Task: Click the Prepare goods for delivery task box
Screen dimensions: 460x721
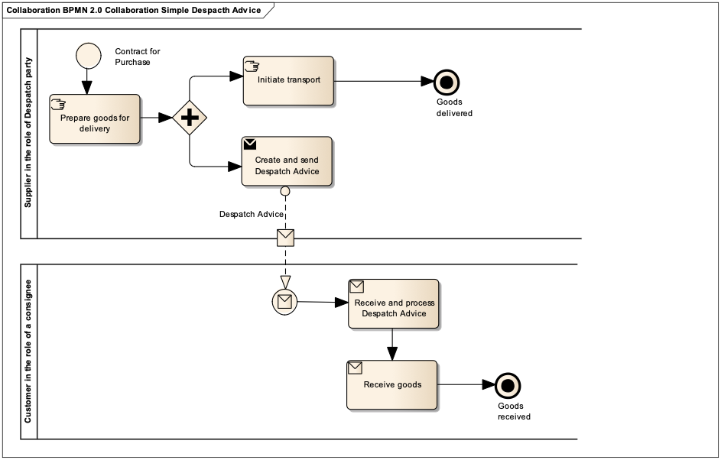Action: [95, 119]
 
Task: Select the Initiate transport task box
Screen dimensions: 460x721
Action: [288, 80]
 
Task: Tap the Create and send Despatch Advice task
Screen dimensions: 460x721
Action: [287, 161]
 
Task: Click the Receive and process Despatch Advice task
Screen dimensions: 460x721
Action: [394, 303]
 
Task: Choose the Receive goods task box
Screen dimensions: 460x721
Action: [392, 384]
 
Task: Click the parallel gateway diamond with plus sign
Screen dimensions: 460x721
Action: [190, 118]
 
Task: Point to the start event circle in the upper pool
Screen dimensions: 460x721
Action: [89, 55]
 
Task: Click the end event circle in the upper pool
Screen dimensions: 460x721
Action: [446, 83]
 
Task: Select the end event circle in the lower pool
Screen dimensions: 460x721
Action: [508, 386]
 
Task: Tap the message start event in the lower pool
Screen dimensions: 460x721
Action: [284, 302]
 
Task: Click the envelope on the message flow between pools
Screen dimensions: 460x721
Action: [285, 238]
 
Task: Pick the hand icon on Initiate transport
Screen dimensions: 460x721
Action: [252, 66]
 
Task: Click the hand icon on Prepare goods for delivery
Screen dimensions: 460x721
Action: [58, 104]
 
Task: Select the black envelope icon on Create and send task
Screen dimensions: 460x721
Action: [250, 144]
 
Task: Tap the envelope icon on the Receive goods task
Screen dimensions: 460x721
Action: [355, 368]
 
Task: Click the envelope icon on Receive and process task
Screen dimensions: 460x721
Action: [356, 287]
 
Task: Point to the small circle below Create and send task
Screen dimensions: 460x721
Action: [285, 191]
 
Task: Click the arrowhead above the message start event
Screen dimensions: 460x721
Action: [285, 283]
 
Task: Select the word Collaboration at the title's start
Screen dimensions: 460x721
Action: [30, 11]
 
